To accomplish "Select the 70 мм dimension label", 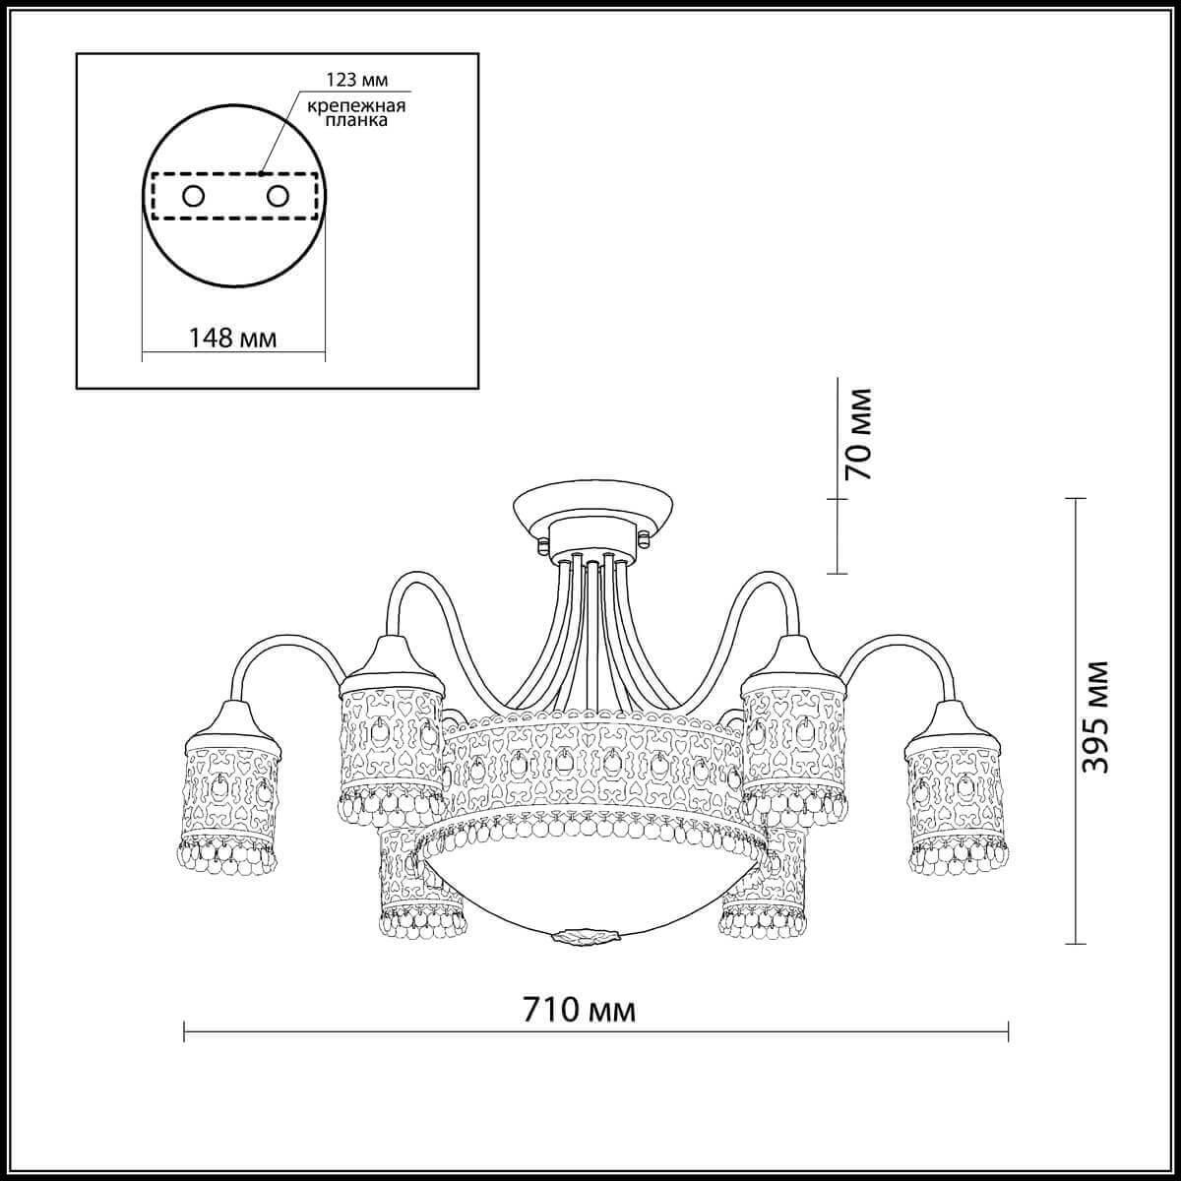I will [859, 434].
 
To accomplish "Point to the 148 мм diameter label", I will [233, 339].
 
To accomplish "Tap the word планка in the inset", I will [354, 122].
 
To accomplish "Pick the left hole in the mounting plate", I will [194, 196].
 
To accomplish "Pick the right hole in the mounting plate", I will [279, 196].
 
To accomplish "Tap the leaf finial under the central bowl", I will [585, 932].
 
